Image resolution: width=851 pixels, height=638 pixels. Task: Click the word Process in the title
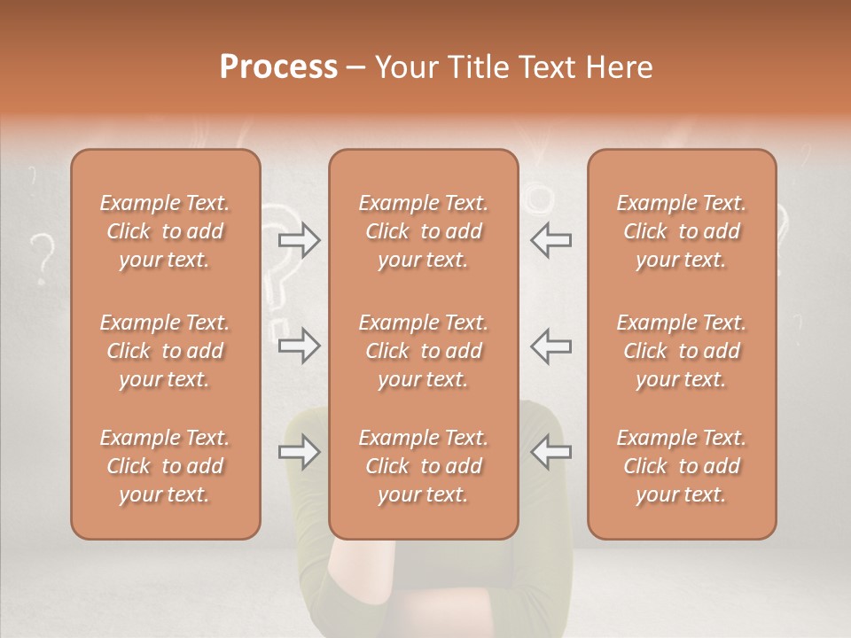(278, 67)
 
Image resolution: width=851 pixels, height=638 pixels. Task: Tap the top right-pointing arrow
(299, 240)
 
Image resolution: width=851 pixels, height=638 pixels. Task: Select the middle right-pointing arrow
(299, 345)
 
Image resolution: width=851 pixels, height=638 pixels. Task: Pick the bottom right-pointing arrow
(299, 453)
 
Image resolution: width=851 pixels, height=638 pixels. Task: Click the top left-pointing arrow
(550, 240)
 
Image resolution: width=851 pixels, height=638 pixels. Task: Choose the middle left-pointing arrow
(550, 345)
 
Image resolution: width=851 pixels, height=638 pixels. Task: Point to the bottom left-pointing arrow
(550, 453)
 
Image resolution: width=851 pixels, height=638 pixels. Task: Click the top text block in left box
(165, 231)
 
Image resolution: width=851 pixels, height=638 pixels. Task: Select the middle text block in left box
(165, 351)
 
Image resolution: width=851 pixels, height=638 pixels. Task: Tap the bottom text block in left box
(165, 466)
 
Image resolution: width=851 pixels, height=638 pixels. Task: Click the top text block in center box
(423, 231)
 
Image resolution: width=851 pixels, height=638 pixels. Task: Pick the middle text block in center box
(423, 351)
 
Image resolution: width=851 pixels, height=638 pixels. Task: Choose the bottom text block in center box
(423, 466)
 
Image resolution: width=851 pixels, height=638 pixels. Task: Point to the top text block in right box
(682, 231)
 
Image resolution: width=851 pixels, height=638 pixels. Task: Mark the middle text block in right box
(682, 351)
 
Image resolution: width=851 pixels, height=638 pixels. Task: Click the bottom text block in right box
(682, 466)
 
